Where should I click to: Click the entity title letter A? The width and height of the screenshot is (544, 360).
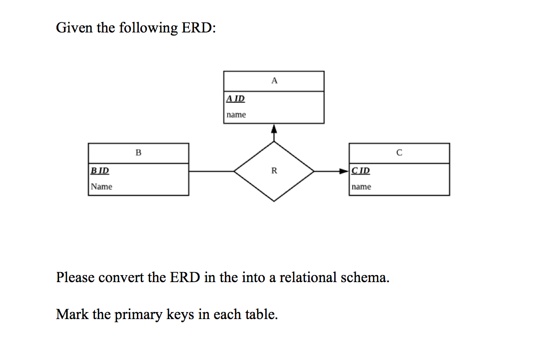point(274,80)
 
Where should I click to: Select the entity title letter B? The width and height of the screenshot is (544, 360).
point(138,152)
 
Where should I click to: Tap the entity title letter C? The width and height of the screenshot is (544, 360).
point(399,152)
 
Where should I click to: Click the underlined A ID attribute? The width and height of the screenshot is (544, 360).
point(235,98)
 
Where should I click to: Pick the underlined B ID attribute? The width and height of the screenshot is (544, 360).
point(100,170)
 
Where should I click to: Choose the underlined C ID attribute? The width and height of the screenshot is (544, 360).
point(361,170)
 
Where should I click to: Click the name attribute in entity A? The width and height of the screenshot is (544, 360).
point(236,115)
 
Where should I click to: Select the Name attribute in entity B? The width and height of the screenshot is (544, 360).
point(101,187)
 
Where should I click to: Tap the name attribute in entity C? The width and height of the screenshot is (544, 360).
point(361,187)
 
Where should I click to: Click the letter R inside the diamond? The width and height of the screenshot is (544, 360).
point(274,171)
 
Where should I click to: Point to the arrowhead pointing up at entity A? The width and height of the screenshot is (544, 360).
point(273,129)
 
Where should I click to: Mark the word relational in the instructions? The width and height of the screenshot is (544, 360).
point(308,277)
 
